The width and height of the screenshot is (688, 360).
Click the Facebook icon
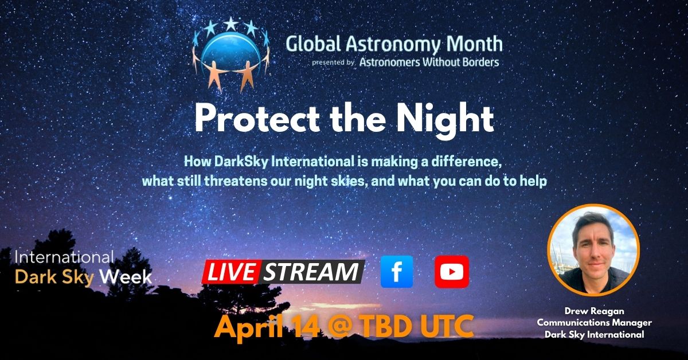tap(397, 272)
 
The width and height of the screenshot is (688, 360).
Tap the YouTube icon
tap(452, 272)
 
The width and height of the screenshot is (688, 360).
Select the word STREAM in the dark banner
tap(311, 272)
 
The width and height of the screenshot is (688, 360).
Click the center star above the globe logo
tap(230, 24)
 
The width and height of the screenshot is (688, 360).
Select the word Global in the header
tap(314, 44)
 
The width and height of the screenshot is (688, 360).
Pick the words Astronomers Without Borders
tap(429, 62)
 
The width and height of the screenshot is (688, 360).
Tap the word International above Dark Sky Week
tap(64, 257)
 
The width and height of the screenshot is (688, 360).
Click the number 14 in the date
tap(304, 326)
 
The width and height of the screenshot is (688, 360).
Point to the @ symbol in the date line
tap(339, 327)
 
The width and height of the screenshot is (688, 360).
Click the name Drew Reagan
tap(594, 311)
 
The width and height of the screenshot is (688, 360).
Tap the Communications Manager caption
tap(594, 323)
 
